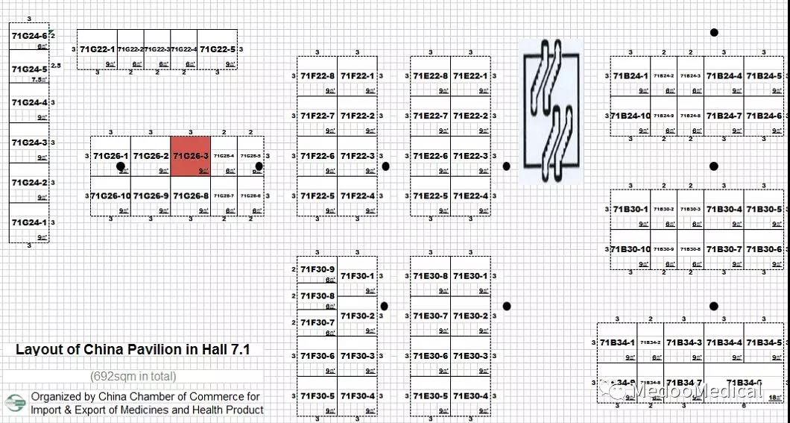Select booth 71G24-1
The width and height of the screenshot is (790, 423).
tap(28, 222)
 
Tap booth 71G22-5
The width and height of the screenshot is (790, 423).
tap(218, 49)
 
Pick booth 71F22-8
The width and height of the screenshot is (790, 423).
tap(317, 76)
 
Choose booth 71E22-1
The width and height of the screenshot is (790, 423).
tap(470, 76)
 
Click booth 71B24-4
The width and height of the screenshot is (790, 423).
tap(724, 76)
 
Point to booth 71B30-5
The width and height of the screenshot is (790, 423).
tap(764, 209)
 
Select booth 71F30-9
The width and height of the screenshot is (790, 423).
tap(317, 270)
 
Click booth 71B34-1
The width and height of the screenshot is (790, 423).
tap(617, 343)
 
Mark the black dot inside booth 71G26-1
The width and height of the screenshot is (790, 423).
tap(121, 167)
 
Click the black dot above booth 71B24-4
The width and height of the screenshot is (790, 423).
tap(714, 32)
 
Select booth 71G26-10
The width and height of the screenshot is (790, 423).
tap(110, 196)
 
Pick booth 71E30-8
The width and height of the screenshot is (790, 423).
tap(430, 276)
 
